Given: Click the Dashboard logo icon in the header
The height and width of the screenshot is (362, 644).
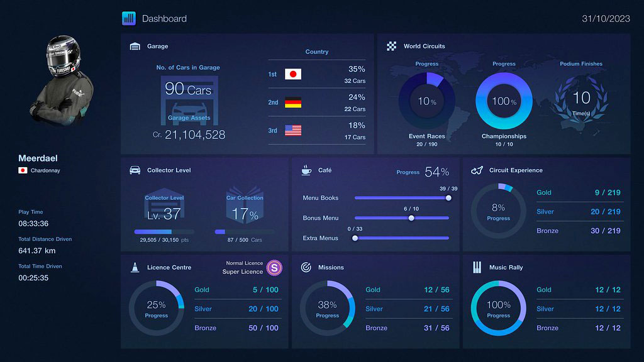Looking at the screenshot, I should (x=129, y=18).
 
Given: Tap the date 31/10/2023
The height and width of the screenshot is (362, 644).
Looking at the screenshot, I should (x=606, y=18).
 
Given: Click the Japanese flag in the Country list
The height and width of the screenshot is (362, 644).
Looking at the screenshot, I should (x=293, y=74).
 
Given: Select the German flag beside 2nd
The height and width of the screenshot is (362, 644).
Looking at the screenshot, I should (x=293, y=102).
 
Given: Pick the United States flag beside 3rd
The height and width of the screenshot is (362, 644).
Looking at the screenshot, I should (x=293, y=130).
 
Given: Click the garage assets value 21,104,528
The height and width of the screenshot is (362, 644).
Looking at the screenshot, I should (x=195, y=134).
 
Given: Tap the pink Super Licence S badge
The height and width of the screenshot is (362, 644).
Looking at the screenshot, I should (x=274, y=268).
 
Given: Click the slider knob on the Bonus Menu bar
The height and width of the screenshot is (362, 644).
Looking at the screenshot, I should (x=411, y=218).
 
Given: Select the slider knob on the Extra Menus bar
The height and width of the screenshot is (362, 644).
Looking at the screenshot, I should (x=355, y=238).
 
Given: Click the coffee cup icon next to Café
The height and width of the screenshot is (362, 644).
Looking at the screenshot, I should (x=306, y=170).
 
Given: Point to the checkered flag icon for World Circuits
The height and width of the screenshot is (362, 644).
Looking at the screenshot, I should (x=392, y=46).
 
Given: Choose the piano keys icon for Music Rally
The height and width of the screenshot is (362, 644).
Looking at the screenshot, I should (x=477, y=267).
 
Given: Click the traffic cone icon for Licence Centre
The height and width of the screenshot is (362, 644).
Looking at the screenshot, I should (x=135, y=267).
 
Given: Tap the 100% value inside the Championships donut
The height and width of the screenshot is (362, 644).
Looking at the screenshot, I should (x=504, y=101).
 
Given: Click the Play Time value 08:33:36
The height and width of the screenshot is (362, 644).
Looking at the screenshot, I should (x=33, y=224).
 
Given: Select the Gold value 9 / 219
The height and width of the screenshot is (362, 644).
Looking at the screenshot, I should (x=606, y=193).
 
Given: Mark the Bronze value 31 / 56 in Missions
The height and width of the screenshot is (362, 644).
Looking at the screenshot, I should (x=436, y=328).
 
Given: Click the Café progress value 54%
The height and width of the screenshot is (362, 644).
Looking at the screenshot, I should (x=436, y=172).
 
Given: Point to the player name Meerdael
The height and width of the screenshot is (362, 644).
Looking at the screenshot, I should (x=38, y=158).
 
